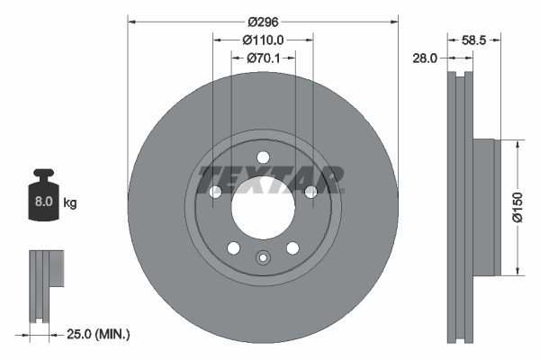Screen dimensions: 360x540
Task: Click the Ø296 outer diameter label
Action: (x=262, y=21)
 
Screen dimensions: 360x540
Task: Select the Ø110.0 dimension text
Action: (x=263, y=40)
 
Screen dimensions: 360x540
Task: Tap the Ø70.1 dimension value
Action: (x=263, y=58)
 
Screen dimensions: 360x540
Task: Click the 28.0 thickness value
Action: (x=424, y=58)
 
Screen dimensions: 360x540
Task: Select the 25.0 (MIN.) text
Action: (x=99, y=334)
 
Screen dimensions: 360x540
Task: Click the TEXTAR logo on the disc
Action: (x=270, y=179)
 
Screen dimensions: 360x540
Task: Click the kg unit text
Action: (x=69, y=203)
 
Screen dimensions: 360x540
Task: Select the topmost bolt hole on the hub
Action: (x=263, y=157)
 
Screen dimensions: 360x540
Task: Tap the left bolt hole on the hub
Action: (x=215, y=192)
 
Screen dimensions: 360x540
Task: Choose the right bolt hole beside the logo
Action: (x=310, y=192)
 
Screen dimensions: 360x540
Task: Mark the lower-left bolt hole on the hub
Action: (x=233, y=247)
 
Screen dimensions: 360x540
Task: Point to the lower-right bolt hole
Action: (x=292, y=247)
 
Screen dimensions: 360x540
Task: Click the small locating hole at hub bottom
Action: (x=263, y=258)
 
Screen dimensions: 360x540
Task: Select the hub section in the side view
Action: (x=484, y=208)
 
